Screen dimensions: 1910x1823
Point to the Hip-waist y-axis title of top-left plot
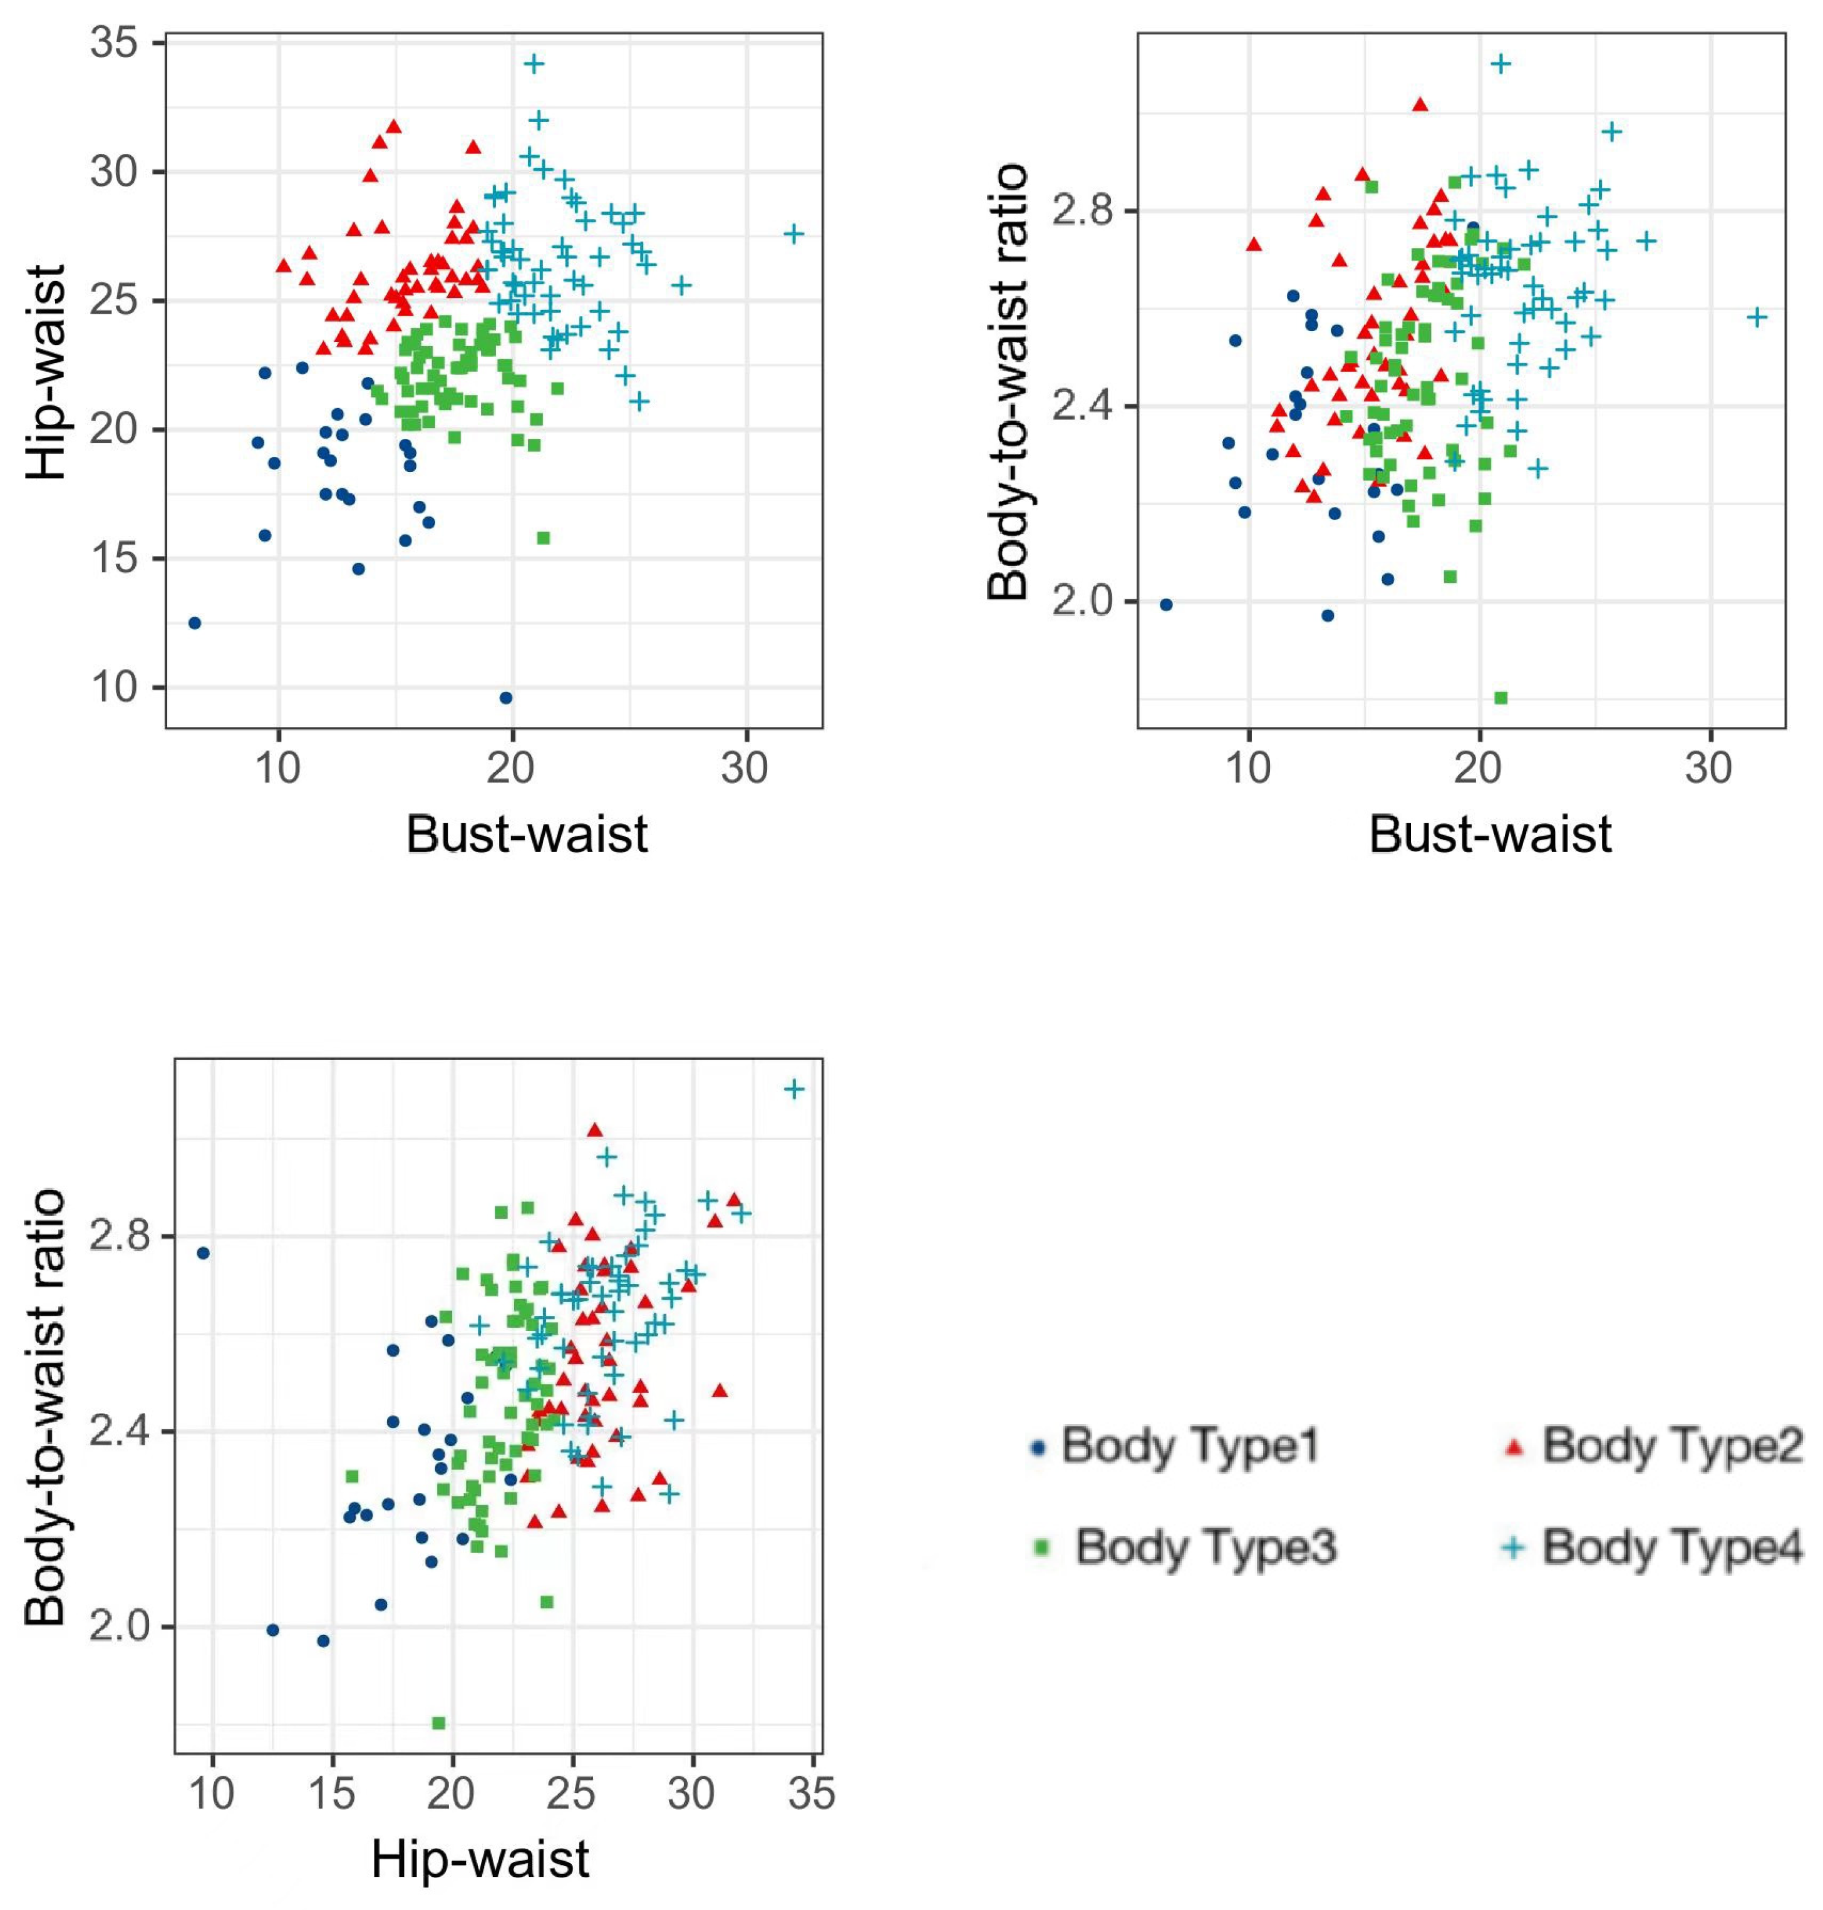coord(46,371)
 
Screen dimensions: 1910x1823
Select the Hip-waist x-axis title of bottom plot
coord(480,1859)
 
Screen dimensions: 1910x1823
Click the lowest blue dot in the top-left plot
coord(505,697)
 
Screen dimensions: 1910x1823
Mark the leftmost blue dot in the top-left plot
coord(194,623)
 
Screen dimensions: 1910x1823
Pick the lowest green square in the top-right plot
coord(1500,697)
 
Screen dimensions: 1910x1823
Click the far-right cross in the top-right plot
coord(1757,317)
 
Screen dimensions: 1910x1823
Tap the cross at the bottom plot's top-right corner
coord(794,1089)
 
